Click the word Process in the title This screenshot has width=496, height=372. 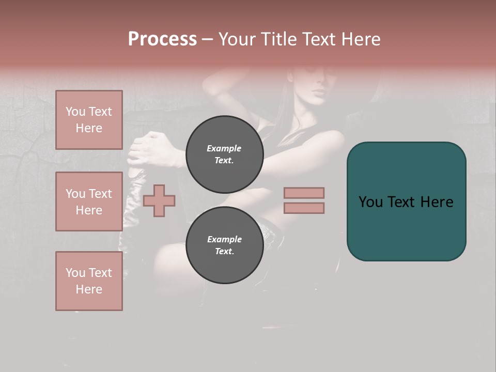162,39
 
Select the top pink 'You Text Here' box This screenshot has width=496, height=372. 89,120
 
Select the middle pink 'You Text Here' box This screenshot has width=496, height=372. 89,202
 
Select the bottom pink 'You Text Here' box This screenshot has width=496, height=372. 89,281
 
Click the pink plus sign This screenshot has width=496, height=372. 159,200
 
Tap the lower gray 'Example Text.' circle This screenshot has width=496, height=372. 224,245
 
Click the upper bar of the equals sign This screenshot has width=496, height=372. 304,193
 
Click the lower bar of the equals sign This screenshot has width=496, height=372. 304,208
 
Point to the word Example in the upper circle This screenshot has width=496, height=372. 224,148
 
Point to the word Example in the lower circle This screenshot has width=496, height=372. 224,239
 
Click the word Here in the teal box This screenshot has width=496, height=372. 437,202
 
